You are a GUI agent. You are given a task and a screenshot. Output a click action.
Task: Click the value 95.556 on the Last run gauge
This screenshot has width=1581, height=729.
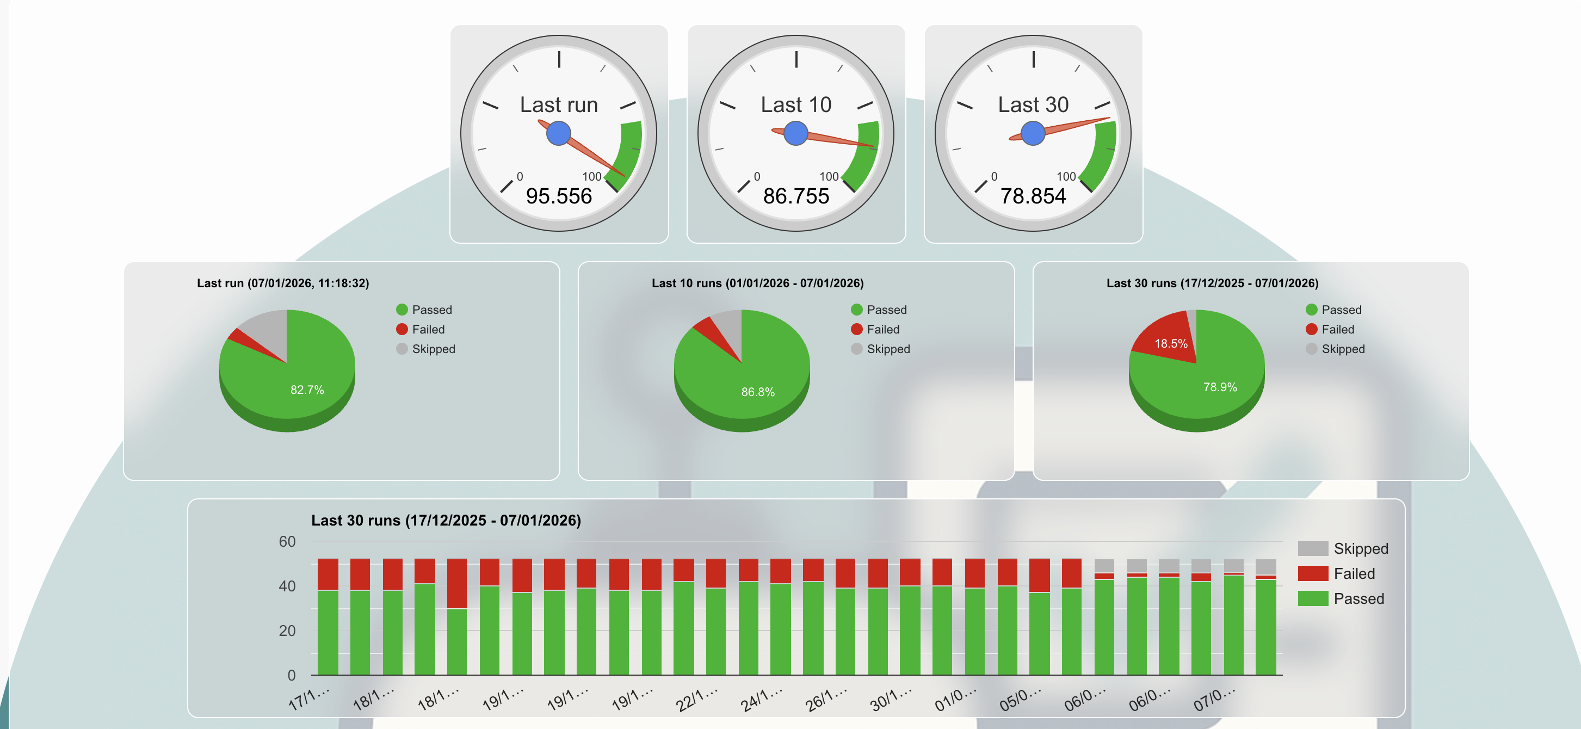[x=559, y=196]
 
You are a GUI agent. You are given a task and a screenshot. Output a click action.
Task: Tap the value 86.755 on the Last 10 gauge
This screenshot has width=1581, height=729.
[x=795, y=196]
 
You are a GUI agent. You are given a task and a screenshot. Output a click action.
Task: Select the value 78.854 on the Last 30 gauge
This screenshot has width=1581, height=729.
[x=1033, y=196]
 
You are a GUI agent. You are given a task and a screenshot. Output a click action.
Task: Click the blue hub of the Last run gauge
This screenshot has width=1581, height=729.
[x=559, y=133]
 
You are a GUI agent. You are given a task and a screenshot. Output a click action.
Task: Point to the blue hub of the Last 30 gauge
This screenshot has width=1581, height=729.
[x=1033, y=133]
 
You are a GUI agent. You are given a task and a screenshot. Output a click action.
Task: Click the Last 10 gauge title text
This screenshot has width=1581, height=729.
[x=795, y=105]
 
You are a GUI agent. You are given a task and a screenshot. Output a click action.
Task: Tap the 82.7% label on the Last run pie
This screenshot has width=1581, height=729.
[x=307, y=390]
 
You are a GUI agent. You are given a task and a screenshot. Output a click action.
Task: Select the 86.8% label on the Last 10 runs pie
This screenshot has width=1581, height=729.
[x=757, y=392]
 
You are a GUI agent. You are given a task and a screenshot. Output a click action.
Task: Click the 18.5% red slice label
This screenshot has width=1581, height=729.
[x=1170, y=344]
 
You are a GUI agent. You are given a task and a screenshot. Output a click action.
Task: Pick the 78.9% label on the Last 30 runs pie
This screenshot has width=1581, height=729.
[x=1220, y=387]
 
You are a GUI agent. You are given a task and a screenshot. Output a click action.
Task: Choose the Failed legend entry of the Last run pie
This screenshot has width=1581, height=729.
[x=427, y=330]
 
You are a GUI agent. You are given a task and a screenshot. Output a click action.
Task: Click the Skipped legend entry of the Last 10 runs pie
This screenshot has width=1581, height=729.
[x=887, y=349]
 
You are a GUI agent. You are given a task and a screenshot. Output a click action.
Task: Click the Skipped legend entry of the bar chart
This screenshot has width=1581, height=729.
[x=1360, y=548]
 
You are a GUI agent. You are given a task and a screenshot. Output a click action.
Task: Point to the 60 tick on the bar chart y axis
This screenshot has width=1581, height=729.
[x=287, y=542]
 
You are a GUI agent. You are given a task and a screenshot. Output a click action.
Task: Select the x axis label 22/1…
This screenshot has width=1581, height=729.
[x=696, y=700]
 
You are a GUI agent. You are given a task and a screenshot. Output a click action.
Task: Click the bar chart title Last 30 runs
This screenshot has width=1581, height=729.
[x=446, y=520]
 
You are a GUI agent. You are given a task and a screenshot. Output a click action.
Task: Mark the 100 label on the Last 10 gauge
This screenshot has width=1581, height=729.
[x=829, y=177]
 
